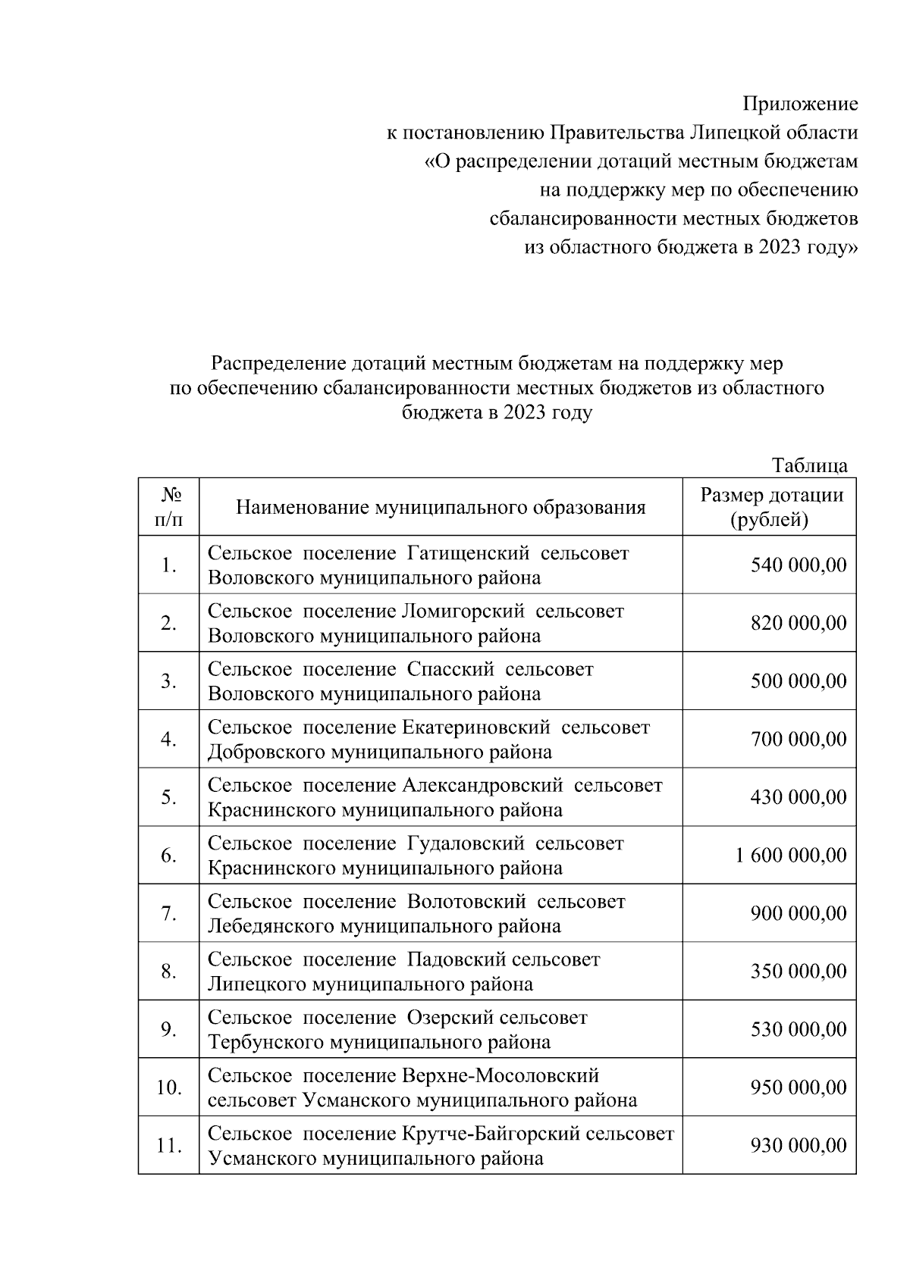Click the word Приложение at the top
click(x=800, y=104)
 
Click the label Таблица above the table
click(x=809, y=465)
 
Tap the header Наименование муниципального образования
click(x=441, y=507)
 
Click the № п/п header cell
click(x=168, y=507)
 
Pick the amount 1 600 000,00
click(x=791, y=856)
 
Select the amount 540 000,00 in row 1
click(x=799, y=565)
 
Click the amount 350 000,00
click(x=799, y=972)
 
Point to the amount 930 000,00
click(x=799, y=1146)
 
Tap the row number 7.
click(x=168, y=914)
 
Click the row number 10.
click(x=168, y=1088)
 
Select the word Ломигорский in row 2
click(x=463, y=611)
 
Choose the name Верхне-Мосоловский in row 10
click(x=499, y=1075)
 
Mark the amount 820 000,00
click(x=799, y=624)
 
